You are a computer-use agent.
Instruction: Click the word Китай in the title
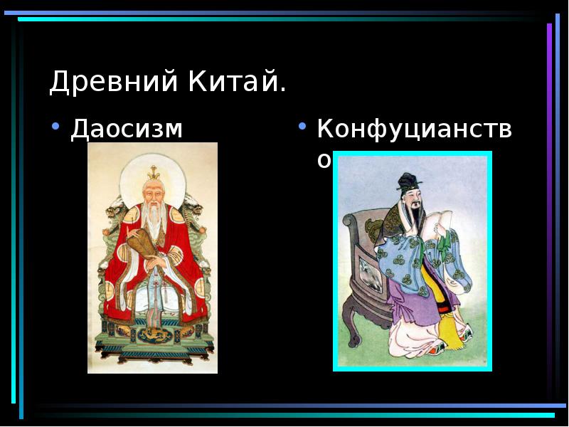234,83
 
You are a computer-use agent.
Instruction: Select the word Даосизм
126,130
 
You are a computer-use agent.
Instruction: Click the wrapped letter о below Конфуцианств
324,162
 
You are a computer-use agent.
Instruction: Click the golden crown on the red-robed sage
152,172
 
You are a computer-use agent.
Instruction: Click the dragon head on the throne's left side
114,207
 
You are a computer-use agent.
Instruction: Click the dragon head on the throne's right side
193,206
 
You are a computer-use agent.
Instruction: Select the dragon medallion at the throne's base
153,334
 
